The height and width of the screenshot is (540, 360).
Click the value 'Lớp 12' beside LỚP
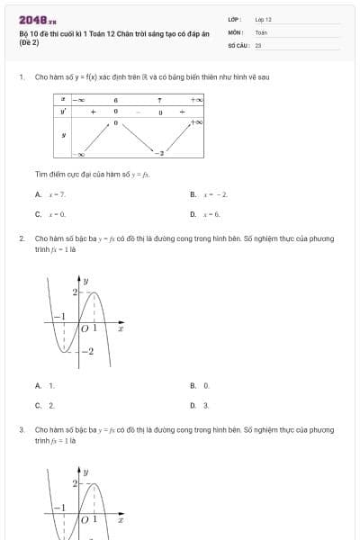pyautogui.click(x=263, y=19)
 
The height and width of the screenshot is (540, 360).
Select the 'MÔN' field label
pyautogui.click(x=236, y=31)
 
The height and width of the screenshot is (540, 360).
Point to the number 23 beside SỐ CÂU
pyautogui.click(x=258, y=44)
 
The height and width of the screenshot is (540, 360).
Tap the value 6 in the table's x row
pyautogui.click(x=116, y=100)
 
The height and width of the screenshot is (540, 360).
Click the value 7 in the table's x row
pyautogui.click(x=159, y=100)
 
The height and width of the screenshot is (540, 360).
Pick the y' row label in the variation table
pyautogui.click(x=62, y=112)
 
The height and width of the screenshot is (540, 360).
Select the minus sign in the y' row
pyautogui.click(x=138, y=112)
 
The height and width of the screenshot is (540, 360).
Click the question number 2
pyautogui.click(x=22, y=238)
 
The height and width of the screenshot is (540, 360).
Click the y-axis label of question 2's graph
pyautogui.click(x=86, y=282)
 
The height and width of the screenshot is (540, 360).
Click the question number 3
pyautogui.click(x=22, y=430)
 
